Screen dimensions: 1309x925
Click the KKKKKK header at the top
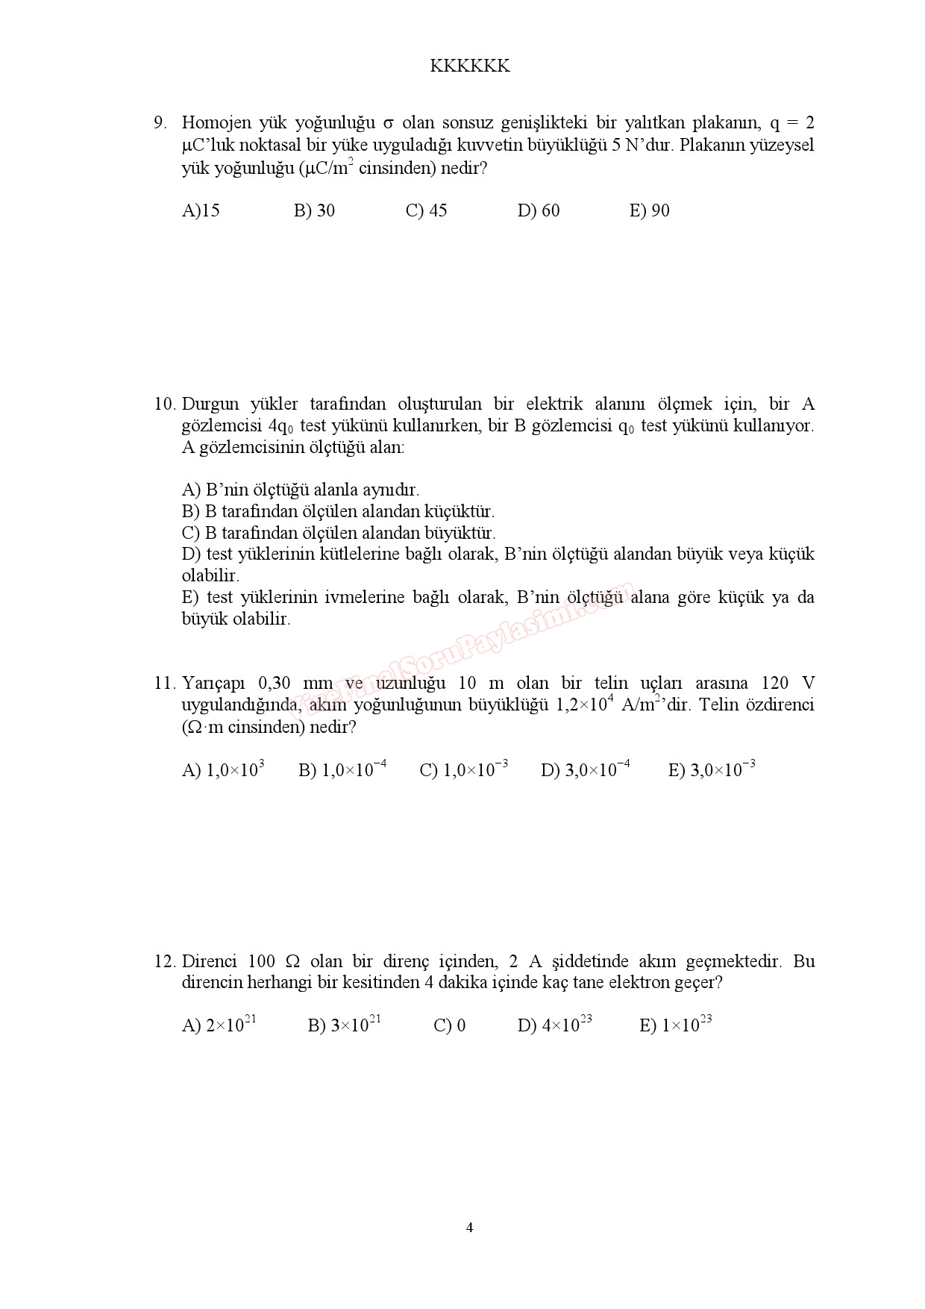(470, 66)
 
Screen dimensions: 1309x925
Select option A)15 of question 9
(201, 211)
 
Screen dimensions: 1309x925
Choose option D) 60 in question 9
(539, 211)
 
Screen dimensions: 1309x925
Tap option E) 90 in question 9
(650, 211)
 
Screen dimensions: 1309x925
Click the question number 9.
(160, 123)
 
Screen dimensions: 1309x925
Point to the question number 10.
(164, 404)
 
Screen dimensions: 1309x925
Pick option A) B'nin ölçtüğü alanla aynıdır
(301, 490)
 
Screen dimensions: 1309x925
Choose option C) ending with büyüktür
(339, 533)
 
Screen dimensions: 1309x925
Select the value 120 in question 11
(774, 684)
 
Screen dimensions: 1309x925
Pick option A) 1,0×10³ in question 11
(224, 770)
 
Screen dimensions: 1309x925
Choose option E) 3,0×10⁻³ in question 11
(712, 770)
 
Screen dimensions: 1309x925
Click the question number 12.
(164, 961)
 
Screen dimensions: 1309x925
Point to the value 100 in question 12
(261, 961)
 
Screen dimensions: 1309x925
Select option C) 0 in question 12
(450, 1026)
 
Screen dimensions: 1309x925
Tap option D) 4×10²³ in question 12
(555, 1025)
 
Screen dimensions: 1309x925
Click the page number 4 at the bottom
(469, 1228)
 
